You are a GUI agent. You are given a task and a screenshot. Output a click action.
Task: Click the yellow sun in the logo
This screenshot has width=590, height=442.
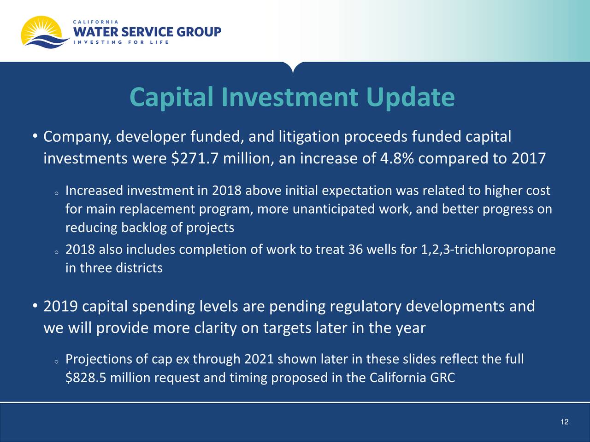pyautogui.click(x=40, y=28)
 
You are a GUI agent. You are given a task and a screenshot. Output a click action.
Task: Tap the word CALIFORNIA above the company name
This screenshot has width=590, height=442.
pyautogui.click(x=96, y=22)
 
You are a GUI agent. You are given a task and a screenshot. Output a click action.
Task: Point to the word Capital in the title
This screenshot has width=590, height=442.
pyautogui.click(x=171, y=98)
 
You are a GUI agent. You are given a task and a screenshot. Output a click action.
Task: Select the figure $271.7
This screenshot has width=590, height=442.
pyautogui.click(x=195, y=158)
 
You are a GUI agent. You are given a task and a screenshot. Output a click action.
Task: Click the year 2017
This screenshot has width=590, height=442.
pyautogui.click(x=529, y=158)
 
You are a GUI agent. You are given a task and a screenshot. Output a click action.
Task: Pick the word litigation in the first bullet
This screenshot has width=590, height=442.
pyautogui.click(x=309, y=137)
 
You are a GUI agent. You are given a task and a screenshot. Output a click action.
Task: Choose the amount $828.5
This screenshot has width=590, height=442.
pyautogui.click(x=86, y=378)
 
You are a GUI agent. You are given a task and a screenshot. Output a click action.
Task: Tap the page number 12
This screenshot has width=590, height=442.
pyautogui.click(x=565, y=422)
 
